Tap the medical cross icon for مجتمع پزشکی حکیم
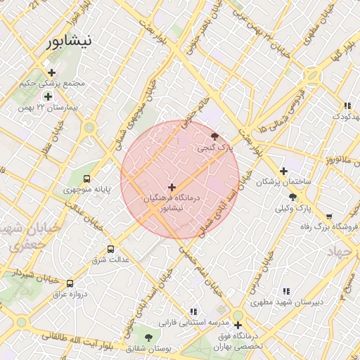tap(51, 72)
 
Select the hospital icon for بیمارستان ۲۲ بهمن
tap(48, 96)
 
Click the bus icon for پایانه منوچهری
tap(86, 179)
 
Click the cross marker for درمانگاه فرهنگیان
tap(172, 187)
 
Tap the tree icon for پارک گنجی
tap(214, 137)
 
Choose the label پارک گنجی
tap(213, 148)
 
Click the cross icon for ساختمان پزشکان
tap(283, 171)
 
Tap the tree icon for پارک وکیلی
tap(292, 198)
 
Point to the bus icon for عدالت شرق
tap(110, 249)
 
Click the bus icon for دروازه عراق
tap(69, 283)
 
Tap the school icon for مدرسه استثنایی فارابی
tap(193, 311)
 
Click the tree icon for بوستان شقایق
tap(148, 337)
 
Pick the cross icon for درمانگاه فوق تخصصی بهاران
tap(238, 325)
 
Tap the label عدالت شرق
tap(110, 260)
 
